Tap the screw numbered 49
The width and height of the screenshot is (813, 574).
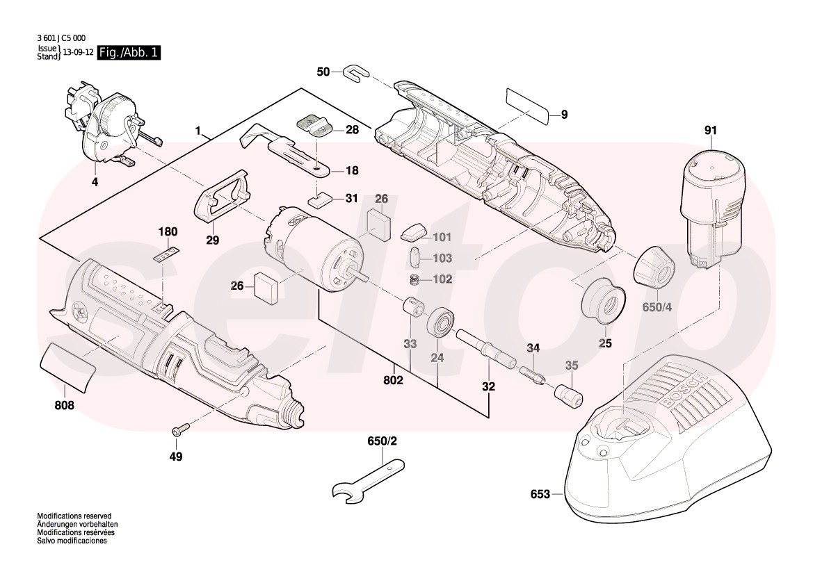179,432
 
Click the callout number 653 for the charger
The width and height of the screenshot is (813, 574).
540,494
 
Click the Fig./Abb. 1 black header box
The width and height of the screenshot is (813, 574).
129,53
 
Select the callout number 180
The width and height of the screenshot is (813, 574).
168,232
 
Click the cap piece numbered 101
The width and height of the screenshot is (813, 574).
416,232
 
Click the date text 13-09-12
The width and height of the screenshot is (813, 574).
78,52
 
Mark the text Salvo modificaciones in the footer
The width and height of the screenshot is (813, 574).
72,540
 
